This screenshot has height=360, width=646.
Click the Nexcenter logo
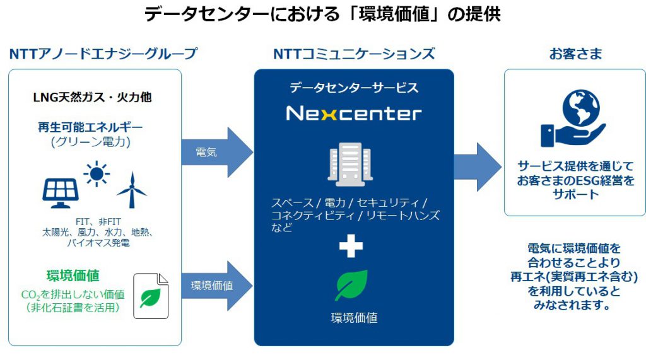click(x=353, y=113)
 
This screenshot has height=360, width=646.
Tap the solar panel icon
click(x=61, y=192)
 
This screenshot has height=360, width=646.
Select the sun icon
click(x=97, y=173)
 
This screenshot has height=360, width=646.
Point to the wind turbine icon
click(x=131, y=189)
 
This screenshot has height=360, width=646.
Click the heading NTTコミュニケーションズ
click(x=354, y=54)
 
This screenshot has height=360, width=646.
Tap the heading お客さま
click(x=575, y=54)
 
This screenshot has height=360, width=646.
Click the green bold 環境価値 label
click(x=73, y=276)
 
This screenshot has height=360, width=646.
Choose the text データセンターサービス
click(x=354, y=88)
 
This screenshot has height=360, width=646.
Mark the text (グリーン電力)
click(x=90, y=142)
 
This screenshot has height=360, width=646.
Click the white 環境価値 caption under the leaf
click(x=354, y=318)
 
